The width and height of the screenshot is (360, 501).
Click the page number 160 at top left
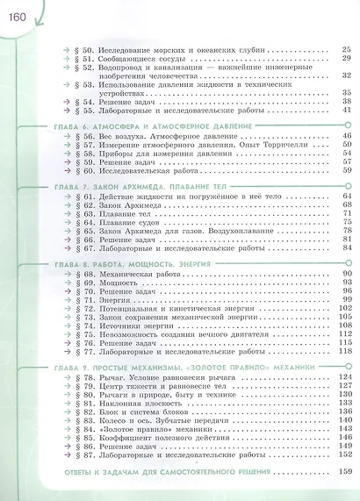tap(18, 12)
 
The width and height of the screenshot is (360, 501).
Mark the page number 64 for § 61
tap(347, 197)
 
